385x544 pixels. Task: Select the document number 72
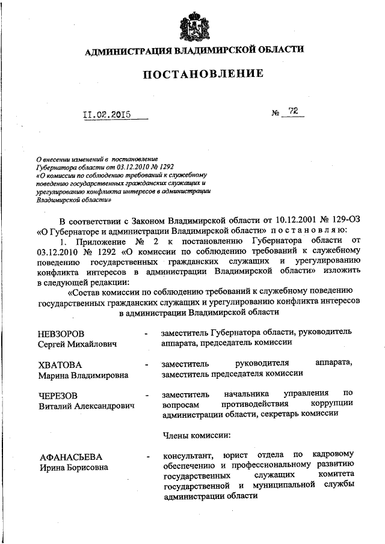294,111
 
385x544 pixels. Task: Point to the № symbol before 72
276,112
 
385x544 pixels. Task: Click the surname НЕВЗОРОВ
62,334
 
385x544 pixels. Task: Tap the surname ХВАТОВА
60,365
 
